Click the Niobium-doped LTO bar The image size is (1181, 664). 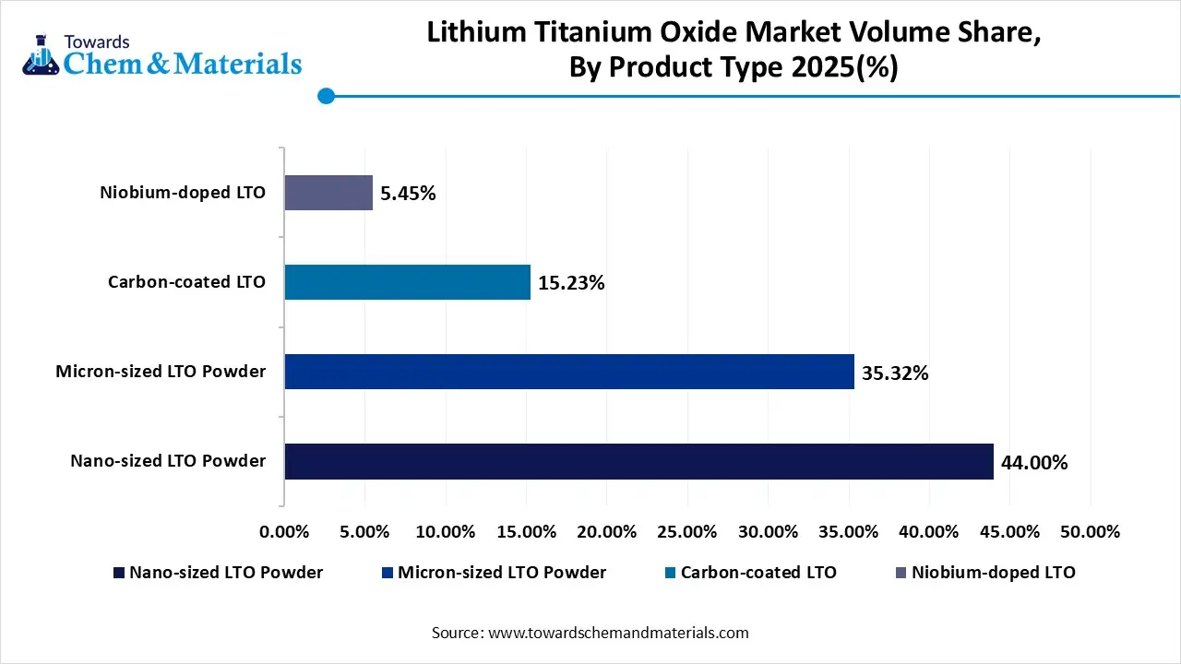click(328, 193)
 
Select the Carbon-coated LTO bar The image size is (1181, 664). click(407, 282)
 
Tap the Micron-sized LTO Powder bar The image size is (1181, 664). click(569, 372)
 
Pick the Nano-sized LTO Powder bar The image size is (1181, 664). click(638, 461)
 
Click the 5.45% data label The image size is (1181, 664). click(408, 194)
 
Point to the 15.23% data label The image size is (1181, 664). click(571, 283)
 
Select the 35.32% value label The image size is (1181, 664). click(895, 373)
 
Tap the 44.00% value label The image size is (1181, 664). click(1034, 462)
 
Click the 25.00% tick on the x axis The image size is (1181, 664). click(687, 532)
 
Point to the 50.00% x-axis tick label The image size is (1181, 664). click(1090, 532)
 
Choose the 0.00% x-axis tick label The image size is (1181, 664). click(285, 532)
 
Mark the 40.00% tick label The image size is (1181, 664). click(929, 532)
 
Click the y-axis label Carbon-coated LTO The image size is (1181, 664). click(186, 282)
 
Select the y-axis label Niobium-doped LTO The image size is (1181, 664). click(183, 193)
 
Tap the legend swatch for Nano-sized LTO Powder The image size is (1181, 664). click(118, 573)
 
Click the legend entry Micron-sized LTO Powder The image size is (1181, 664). click(502, 573)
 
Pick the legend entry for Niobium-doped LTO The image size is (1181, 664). click(993, 573)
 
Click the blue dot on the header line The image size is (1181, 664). click(325, 96)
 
